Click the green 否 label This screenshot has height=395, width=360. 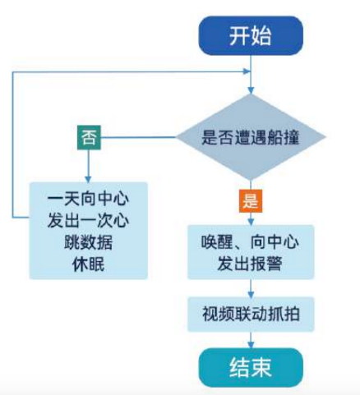pyautogui.click(x=88, y=137)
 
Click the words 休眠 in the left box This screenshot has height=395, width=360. pyautogui.click(x=87, y=264)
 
